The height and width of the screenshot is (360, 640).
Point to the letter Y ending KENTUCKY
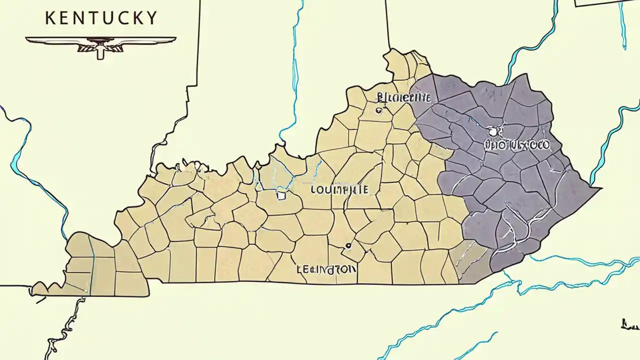[151, 18]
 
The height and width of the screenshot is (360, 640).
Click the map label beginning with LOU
[339, 190]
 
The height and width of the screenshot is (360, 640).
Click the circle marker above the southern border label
[348, 245]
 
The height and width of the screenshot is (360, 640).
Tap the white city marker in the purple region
[493, 131]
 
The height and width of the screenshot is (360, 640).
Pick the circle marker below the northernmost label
[378, 110]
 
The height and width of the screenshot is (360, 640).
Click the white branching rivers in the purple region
[520, 225]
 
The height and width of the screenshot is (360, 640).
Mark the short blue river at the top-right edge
[622, 25]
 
